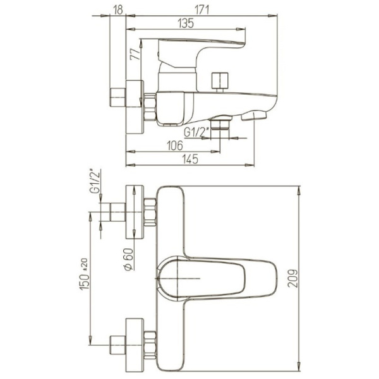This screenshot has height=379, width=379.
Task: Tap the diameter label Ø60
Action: coord(128,259)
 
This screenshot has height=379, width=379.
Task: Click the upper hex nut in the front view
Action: coord(150,212)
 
